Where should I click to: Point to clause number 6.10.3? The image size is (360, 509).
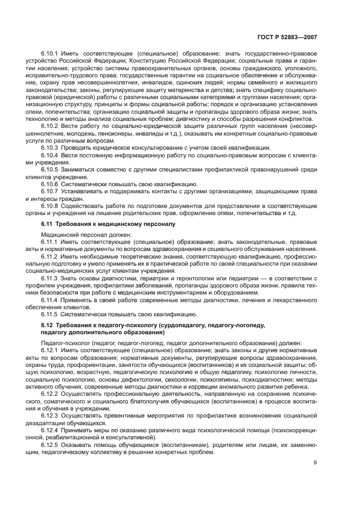(51, 148)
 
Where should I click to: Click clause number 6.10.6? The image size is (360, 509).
(51, 183)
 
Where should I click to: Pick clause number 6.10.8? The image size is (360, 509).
(51, 206)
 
